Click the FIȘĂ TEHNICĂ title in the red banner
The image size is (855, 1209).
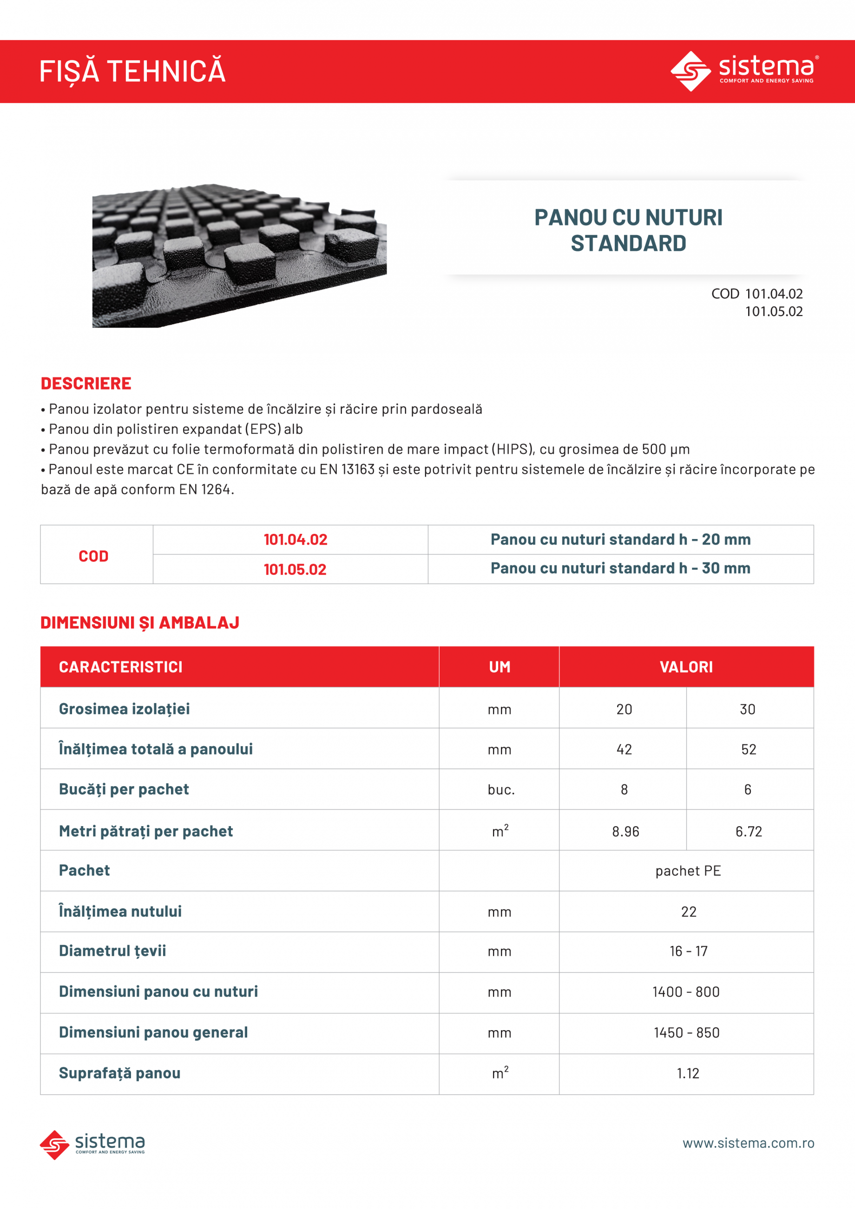133,72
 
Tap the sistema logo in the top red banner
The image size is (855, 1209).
744,71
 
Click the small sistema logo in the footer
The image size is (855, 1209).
92,1144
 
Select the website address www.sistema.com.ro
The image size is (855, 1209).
748,1143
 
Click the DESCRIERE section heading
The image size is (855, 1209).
86,383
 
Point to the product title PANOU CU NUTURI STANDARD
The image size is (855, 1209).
628,230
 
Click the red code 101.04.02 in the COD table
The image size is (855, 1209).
296,539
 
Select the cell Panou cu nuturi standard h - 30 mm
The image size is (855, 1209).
620,568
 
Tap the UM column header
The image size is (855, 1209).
499,667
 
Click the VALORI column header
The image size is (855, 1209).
686,667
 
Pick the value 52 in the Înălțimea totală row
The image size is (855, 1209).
748,749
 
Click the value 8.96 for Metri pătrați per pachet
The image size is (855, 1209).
625,831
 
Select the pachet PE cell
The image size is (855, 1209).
688,871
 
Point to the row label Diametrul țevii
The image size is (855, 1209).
112,951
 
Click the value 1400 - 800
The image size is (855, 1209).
685,992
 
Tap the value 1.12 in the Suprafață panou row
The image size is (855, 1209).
688,1074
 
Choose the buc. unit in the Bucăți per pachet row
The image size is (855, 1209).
500,790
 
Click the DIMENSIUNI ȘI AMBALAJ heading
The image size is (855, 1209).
139,623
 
